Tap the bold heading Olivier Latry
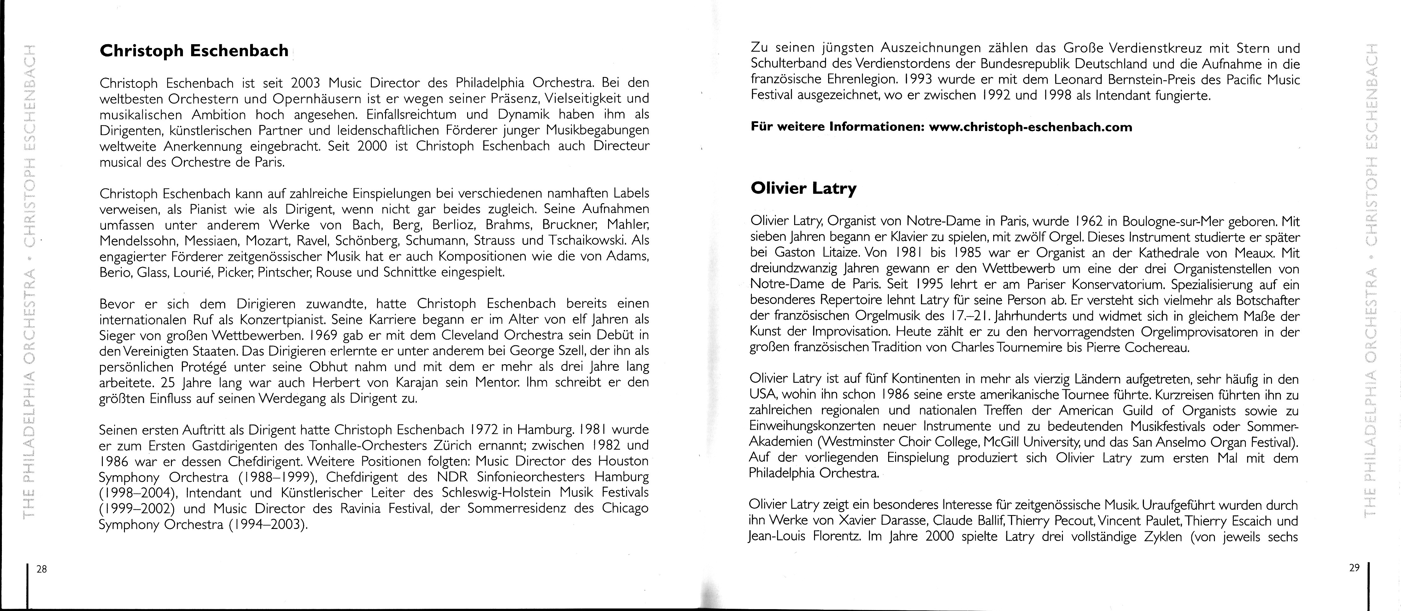point(803,188)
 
